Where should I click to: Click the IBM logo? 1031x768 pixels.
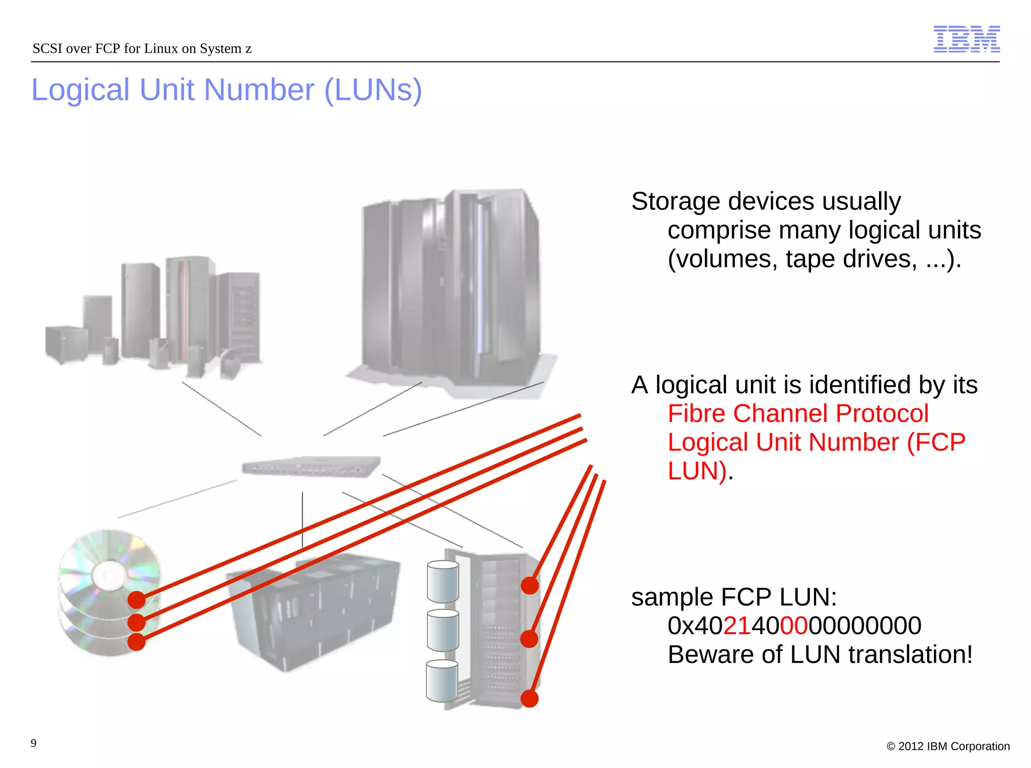pyautogui.click(x=967, y=39)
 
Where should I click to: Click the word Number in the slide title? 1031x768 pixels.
pyautogui.click(x=259, y=91)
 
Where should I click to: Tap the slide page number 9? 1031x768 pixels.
pyautogui.click(x=34, y=743)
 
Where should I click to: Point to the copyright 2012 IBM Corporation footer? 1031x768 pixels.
pyautogui.click(x=948, y=746)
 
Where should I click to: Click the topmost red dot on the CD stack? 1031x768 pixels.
pyautogui.click(x=136, y=600)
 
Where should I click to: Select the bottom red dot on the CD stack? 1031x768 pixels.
pyautogui.click(x=136, y=642)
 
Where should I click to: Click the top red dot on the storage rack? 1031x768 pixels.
pyautogui.click(x=530, y=585)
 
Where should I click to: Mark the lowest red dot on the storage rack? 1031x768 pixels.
pyautogui.click(x=530, y=699)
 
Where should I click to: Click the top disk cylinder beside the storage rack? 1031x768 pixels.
pyautogui.click(x=443, y=582)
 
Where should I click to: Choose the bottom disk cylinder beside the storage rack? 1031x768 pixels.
pyautogui.click(x=441, y=681)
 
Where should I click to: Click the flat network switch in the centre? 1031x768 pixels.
pyautogui.click(x=311, y=467)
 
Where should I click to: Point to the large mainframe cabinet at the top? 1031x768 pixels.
pyautogui.click(x=451, y=287)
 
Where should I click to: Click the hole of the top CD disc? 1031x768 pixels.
pyautogui.click(x=110, y=574)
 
